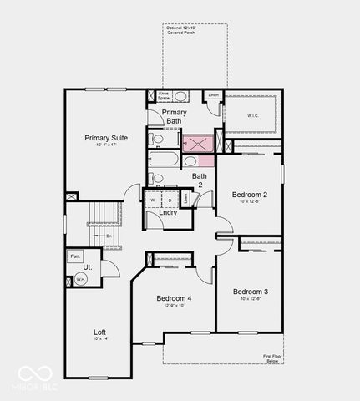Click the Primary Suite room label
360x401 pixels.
(x=107, y=138)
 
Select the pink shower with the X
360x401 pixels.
(x=198, y=144)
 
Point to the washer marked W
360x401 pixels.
(x=153, y=200)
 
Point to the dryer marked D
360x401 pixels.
(x=170, y=200)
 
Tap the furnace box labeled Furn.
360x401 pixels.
(x=75, y=256)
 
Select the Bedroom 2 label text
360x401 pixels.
(x=250, y=195)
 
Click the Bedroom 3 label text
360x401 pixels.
(x=250, y=292)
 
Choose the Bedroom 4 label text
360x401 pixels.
(x=174, y=298)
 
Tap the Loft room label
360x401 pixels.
(x=99, y=332)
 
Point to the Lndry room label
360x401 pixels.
(x=167, y=213)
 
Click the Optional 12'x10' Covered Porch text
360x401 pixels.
(x=180, y=32)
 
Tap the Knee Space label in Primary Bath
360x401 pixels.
(x=165, y=96)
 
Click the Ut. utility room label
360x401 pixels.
(x=87, y=267)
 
